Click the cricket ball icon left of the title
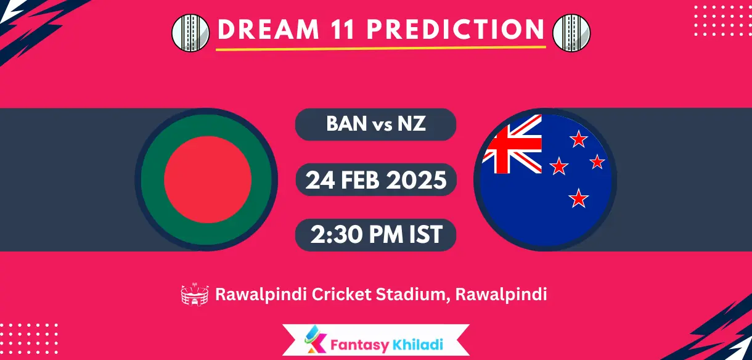[190, 32]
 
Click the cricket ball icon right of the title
[571, 32]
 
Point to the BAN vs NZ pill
[375, 125]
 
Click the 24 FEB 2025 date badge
[375, 180]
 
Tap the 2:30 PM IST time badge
[375, 234]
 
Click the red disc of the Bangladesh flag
[208, 179]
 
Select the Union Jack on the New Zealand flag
[512, 144]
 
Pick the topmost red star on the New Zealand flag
[578, 139]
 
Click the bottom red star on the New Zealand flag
[578, 198]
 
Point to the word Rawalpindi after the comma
[501, 295]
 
